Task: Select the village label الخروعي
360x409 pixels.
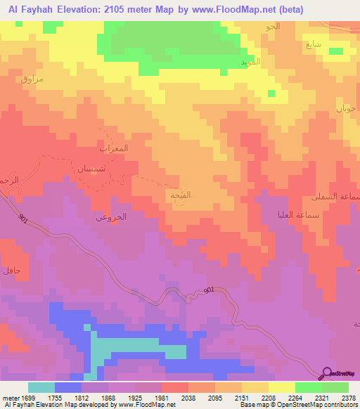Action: tap(110, 218)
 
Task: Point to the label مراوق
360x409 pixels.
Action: tap(32, 79)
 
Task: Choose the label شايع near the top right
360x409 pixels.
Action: tap(314, 44)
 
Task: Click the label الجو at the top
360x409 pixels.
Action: tap(272, 27)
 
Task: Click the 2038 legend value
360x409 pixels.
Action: tap(188, 397)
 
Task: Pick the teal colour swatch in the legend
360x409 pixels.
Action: tap(41, 387)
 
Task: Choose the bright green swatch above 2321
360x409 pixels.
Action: tap(308, 387)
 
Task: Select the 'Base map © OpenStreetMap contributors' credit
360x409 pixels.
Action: tap(298, 405)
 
